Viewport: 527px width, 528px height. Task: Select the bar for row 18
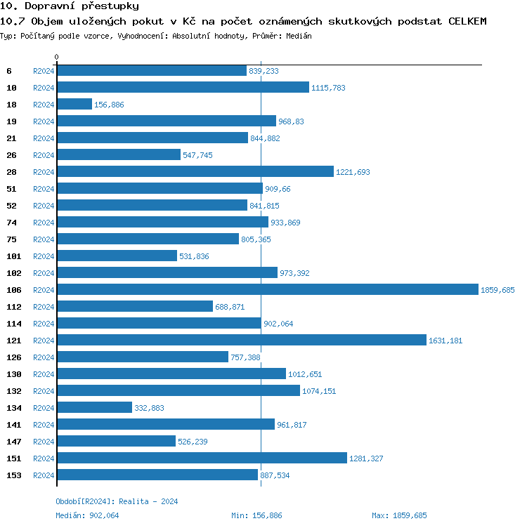74,104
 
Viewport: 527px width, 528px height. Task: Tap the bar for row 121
242,340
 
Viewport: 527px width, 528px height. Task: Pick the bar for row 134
94,407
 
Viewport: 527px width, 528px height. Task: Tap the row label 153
13,475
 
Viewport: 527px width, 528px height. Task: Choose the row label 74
11,223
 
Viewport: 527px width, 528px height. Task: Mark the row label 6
9,71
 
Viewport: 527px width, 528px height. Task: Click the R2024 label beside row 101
44,256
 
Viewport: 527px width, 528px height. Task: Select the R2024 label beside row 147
44,442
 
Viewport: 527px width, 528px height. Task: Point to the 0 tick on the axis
57,57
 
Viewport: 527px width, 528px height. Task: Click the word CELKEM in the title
467,21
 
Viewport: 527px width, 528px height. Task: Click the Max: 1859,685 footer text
399,515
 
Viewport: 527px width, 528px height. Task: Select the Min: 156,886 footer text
256,515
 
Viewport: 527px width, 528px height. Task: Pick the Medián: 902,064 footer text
87,515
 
